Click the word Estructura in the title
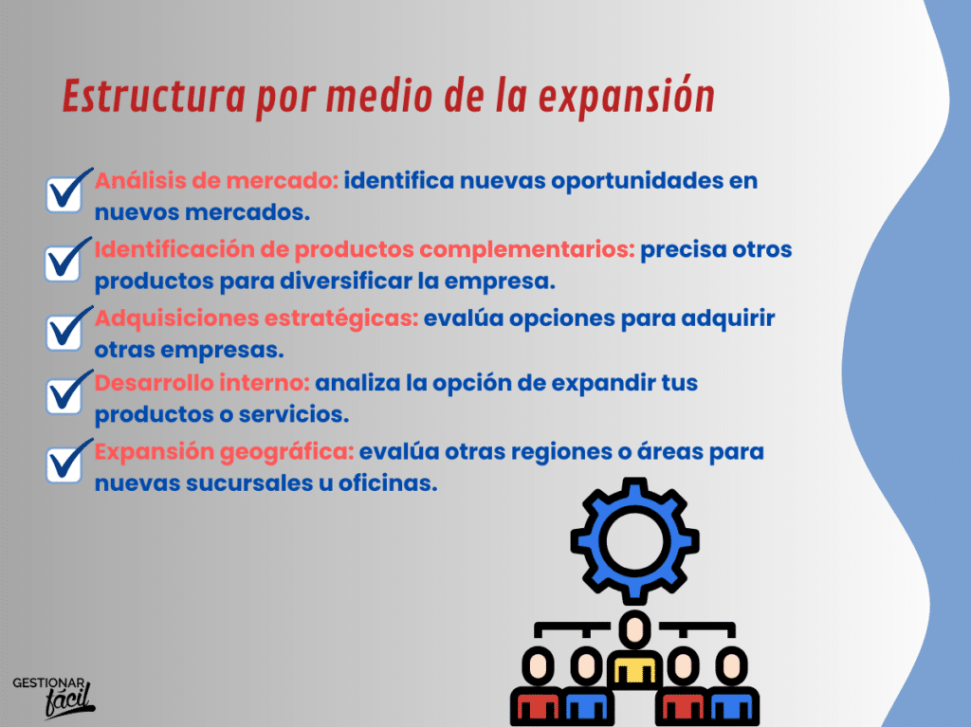(155, 96)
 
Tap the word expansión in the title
(627, 98)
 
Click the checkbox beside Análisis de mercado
(64, 193)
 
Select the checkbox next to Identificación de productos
(64, 263)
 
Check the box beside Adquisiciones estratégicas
(64, 332)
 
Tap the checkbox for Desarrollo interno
(64, 396)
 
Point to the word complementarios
(527, 249)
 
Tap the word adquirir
(728, 318)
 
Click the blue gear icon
(634, 540)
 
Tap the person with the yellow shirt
(634, 650)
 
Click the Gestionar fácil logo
(54, 698)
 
